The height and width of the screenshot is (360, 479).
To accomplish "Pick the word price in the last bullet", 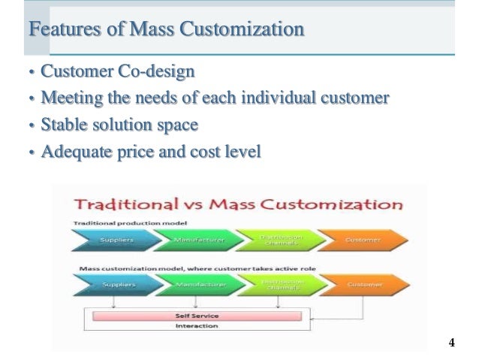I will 138,152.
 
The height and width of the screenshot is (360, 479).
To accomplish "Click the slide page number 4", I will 451,343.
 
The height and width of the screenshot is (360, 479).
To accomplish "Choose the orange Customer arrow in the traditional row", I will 363,240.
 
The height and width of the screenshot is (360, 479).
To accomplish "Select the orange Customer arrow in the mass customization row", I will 363,284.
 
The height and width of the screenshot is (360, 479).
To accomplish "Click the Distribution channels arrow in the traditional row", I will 276,240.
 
